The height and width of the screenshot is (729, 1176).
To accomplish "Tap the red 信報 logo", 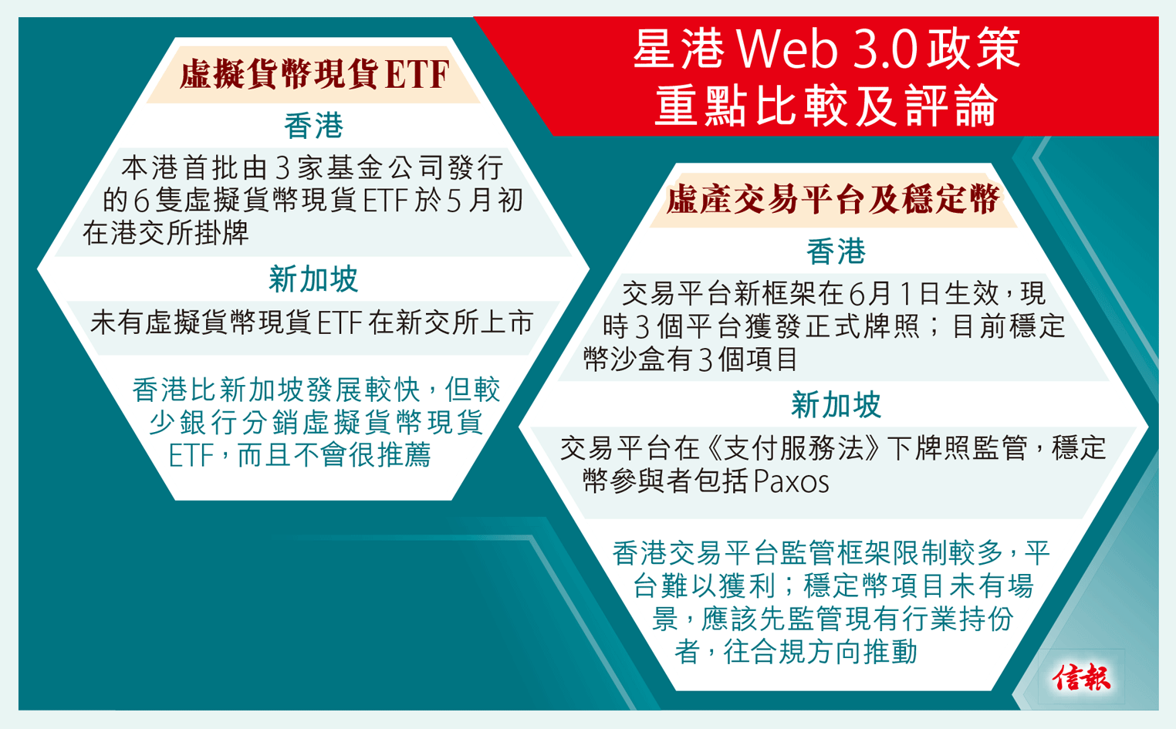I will pyautogui.click(x=1082, y=677).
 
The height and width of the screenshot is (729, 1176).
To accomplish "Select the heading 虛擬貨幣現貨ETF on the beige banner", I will pyautogui.click(x=315, y=76).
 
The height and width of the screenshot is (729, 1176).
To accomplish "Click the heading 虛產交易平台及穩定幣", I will pyautogui.click(x=833, y=200).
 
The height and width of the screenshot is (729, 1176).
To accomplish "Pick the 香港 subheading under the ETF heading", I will pyautogui.click(x=313, y=126).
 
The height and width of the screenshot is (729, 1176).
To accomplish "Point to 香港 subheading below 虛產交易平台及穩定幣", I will pyautogui.click(x=836, y=251).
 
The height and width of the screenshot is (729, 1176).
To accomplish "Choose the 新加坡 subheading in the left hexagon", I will pyautogui.click(x=313, y=279).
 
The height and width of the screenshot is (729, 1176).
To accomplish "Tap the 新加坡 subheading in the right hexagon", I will pyautogui.click(x=836, y=405).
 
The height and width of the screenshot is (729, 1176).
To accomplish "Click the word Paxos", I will pyautogui.click(x=790, y=482).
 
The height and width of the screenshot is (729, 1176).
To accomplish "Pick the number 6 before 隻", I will pyautogui.click(x=140, y=201).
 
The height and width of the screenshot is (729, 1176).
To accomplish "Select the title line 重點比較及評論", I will pyautogui.click(x=826, y=106).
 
